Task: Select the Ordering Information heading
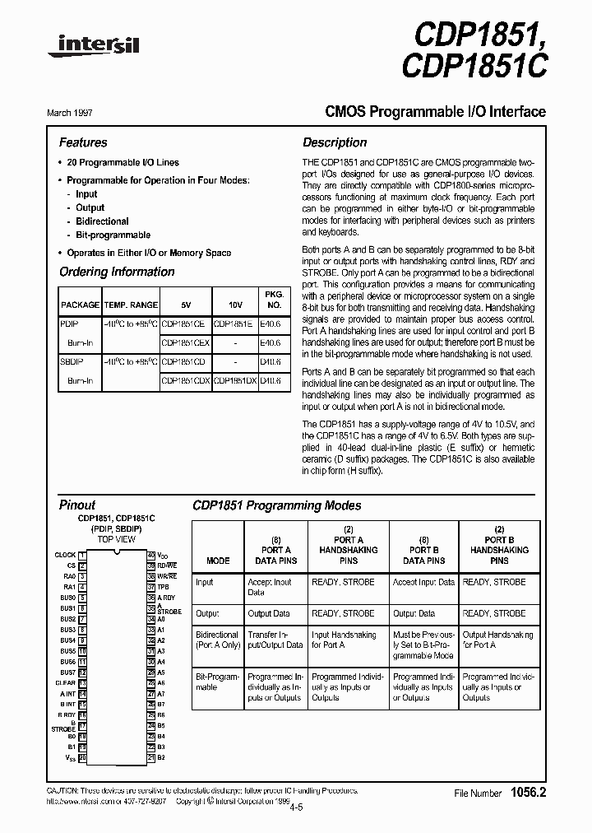[x=117, y=272]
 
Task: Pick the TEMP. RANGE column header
[x=132, y=305]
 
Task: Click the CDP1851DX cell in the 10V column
[x=235, y=381]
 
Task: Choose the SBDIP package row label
[x=72, y=361]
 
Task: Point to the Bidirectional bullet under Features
[x=102, y=221]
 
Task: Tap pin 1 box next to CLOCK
[x=82, y=556]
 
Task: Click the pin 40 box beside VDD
[x=151, y=556]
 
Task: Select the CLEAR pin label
[x=66, y=683]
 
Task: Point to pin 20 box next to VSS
[x=82, y=757]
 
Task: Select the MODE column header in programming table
[x=218, y=561]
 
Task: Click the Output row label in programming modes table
[x=206, y=613]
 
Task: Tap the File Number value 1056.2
[x=527, y=793]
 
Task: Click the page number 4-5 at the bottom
[x=295, y=807]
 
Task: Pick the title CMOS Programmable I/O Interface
[x=424, y=112]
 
